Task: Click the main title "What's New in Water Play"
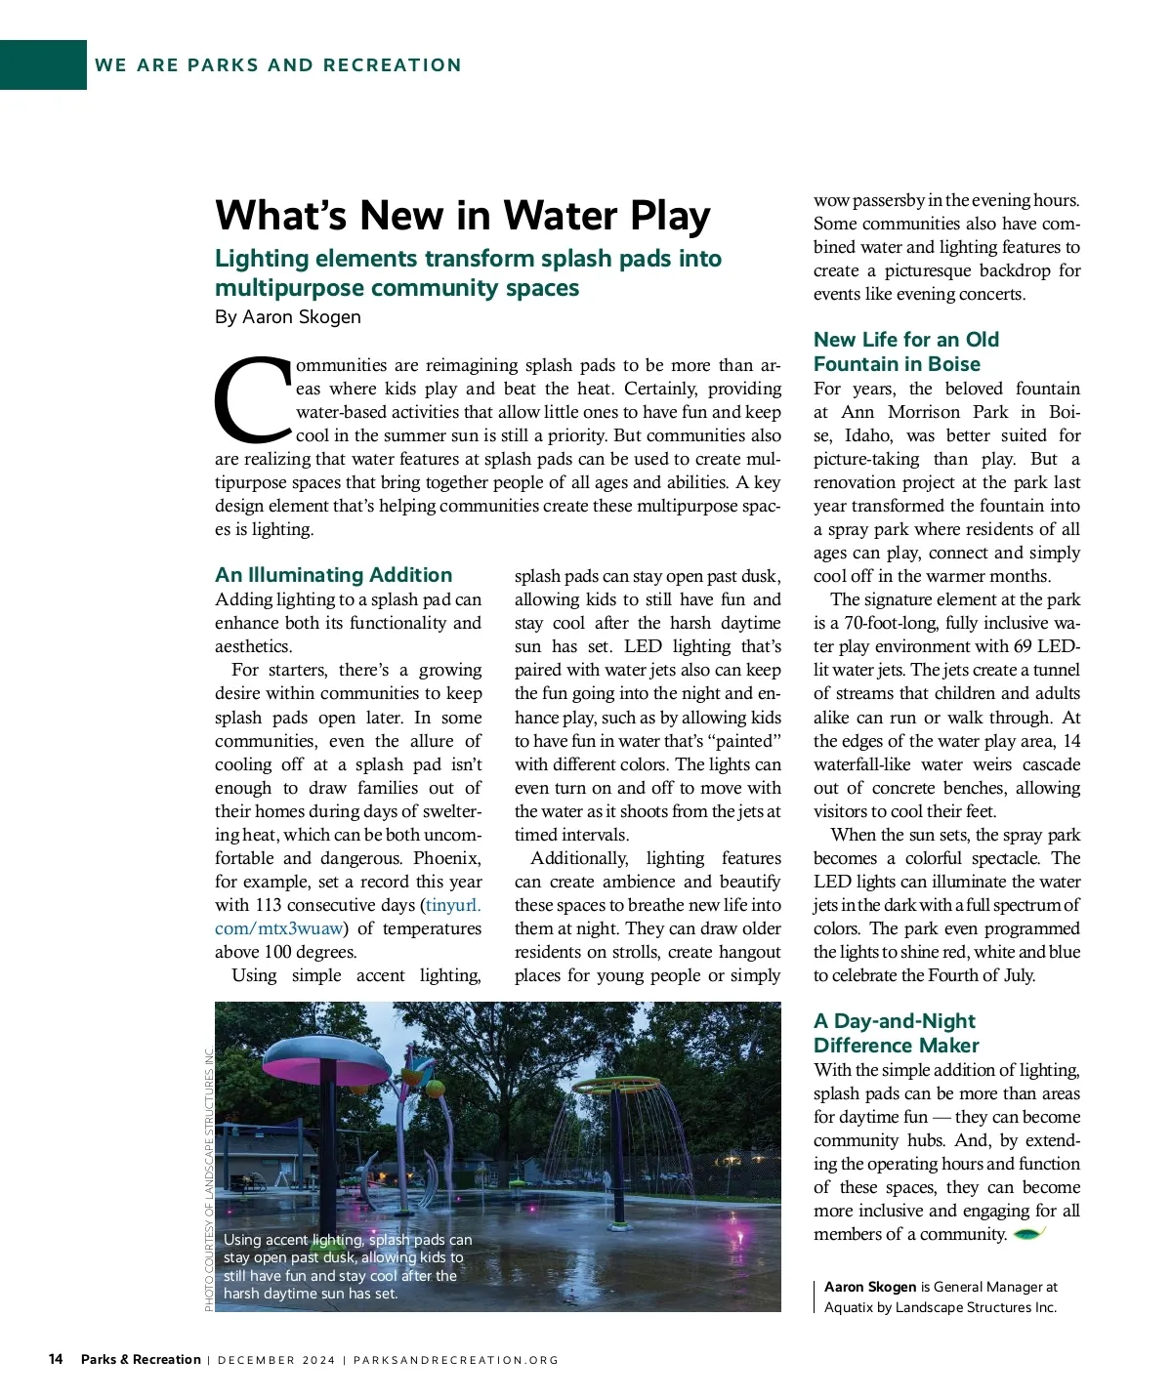(462, 216)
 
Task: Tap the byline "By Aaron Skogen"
(288, 317)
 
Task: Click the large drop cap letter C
(252, 400)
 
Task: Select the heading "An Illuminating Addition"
(333, 575)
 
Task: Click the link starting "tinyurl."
(453, 905)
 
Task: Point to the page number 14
(56, 1359)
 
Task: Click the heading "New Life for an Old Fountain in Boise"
(905, 351)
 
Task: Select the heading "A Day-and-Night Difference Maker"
(896, 1033)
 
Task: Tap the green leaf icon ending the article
(1029, 1234)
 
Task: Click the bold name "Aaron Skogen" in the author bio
(870, 1287)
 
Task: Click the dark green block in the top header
(43, 64)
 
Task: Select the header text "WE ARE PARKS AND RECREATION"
(278, 65)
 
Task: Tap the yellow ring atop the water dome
(615, 1085)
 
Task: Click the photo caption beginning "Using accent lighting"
(347, 1266)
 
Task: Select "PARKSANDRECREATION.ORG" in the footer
(456, 1360)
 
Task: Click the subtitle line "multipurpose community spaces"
(397, 288)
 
